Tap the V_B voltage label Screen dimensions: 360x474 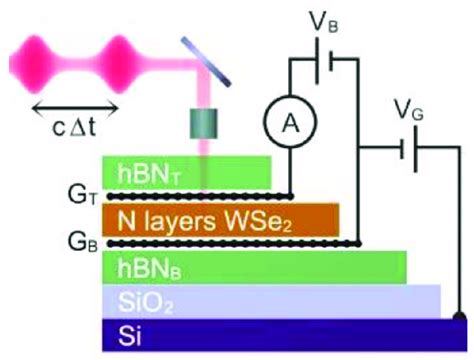point(320,18)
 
